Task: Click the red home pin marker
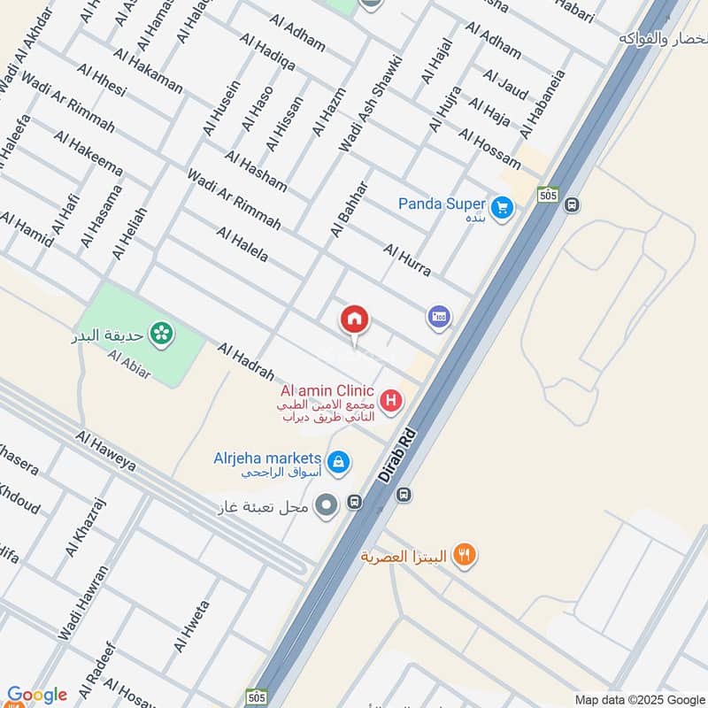click(x=355, y=321)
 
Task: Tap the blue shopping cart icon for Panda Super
click(x=503, y=209)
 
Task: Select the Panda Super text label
click(x=442, y=204)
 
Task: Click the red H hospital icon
click(x=390, y=402)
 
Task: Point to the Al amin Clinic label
click(x=327, y=391)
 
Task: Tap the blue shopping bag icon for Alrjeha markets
click(x=338, y=461)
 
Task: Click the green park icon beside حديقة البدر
click(x=161, y=334)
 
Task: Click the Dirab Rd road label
click(x=397, y=457)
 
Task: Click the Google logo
click(x=36, y=696)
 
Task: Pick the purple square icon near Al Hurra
click(x=438, y=316)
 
